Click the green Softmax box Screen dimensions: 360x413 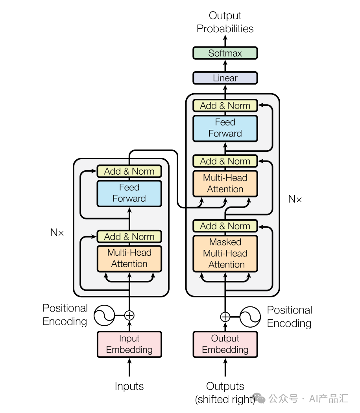[x=225, y=53]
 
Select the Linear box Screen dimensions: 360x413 [x=225, y=78]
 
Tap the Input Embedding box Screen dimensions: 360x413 [x=129, y=344]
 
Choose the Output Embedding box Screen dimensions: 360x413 [x=225, y=344]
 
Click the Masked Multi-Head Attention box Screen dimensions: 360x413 [x=225, y=253]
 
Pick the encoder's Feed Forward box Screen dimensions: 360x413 [x=129, y=194]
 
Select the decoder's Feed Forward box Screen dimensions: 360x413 [x=225, y=128]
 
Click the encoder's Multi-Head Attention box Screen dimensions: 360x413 [x=129, y=259]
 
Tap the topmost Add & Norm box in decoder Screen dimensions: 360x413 [x=225, y=106]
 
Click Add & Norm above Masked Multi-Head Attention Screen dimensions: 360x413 [x=225, y=226]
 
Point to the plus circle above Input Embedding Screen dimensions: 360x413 [x=129, y=315]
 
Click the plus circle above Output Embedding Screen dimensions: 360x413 [x=225, y=317]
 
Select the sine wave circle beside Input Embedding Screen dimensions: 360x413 [x=104, y=315]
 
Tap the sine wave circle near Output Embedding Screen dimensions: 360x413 [x=250, y=317]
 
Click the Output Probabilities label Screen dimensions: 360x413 [x=225, y=22]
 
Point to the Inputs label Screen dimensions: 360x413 [x=129, y=386]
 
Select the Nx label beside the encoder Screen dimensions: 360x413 [x=57, y=232]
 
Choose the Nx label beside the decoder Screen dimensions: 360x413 [x=295, y=199]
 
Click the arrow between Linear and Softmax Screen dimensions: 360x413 [x=225, y=66]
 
